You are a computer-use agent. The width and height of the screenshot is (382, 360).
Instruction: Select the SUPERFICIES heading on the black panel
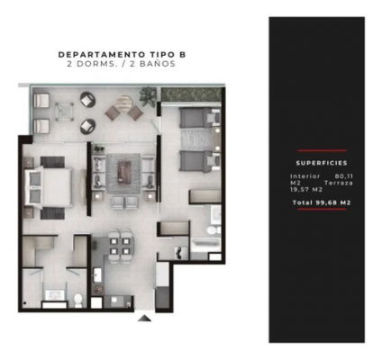(x=322, y=163)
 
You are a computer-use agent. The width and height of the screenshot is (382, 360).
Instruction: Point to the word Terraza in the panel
(x=339, y=183)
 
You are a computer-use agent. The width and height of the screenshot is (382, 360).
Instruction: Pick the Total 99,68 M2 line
(x=322, y=202)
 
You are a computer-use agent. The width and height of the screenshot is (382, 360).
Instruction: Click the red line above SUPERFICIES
(x=322, y=150)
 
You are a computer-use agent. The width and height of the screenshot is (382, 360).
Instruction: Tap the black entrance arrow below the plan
(x=145, y=318)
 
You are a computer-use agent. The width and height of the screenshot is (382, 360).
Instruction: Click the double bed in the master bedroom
(x=49, y=187)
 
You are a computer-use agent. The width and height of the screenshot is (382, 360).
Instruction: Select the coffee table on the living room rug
(x=123, y=171)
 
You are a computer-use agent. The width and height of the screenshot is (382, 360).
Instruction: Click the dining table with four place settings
(x=120, y=246)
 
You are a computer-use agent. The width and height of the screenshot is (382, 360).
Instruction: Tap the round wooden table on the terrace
(x=124, y=103)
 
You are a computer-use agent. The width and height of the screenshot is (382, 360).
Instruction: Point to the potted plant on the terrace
(x=148, y=94)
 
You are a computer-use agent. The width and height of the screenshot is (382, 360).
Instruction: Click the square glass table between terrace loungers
(x=64, y=112)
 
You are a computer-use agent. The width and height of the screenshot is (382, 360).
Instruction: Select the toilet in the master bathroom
(x=78, y=301)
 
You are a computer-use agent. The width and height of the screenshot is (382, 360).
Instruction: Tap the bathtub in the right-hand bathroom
(x=205, y=244)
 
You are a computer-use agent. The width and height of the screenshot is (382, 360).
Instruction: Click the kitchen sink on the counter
(x=97, y=274)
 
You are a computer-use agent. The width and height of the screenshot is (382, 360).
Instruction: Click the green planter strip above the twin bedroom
(x=192, y=94)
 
